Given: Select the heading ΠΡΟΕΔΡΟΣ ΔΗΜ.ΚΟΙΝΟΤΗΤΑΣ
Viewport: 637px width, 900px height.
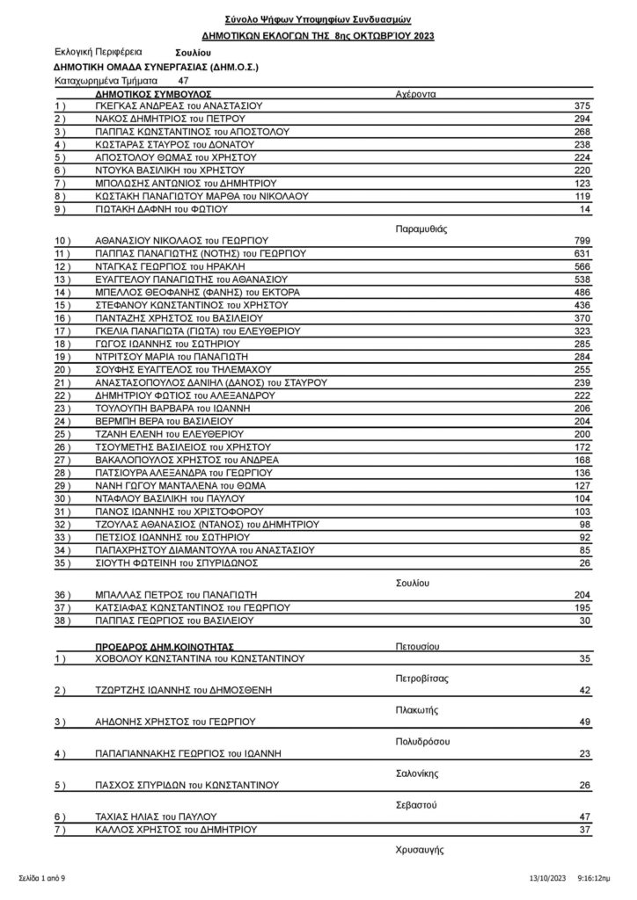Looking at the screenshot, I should pyautogui.click(x=161, y=644).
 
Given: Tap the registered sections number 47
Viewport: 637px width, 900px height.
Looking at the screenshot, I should pyautogui.click(x=183, y=80).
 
